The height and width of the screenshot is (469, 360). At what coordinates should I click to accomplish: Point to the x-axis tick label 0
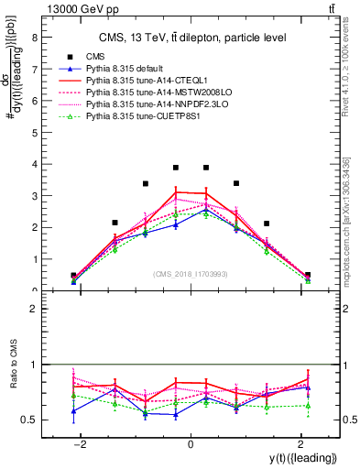click(191, 445)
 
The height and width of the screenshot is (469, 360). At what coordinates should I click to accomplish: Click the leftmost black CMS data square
click(73, 275)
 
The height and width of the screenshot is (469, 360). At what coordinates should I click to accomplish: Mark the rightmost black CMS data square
click(308, 275)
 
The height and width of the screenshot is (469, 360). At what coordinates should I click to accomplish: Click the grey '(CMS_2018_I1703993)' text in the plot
click(191, 274)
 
